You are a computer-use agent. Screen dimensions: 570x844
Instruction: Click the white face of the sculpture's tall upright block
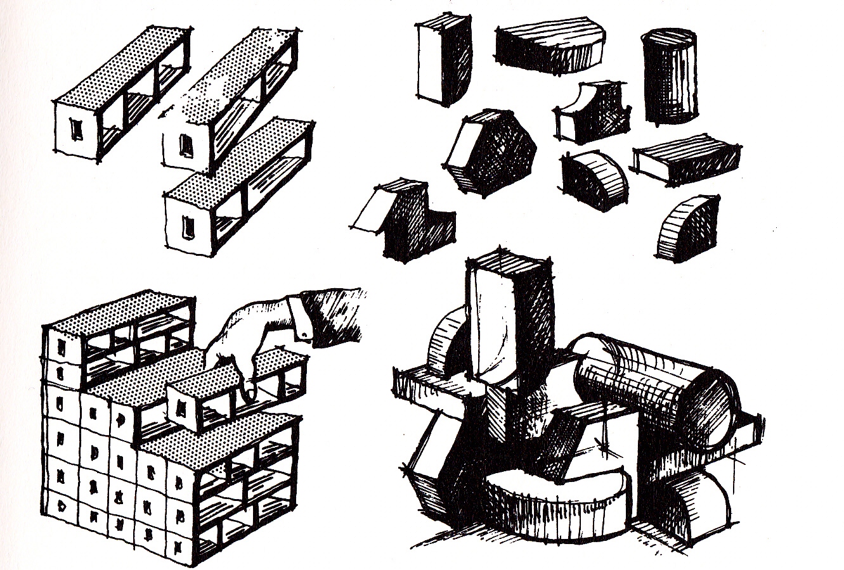click(491, 329)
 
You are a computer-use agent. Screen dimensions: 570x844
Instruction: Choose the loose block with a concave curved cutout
click(587, 114)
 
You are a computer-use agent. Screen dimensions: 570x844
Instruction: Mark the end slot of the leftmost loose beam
click(77, 130)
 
